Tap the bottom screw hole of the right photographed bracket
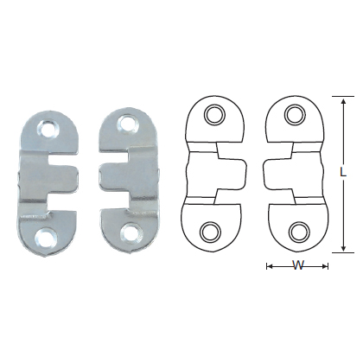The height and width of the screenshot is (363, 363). (x=131, y=232)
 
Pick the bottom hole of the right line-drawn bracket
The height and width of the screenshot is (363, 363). (x=299, y=230)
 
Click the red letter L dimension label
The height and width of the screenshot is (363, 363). (x=344, y=172)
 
